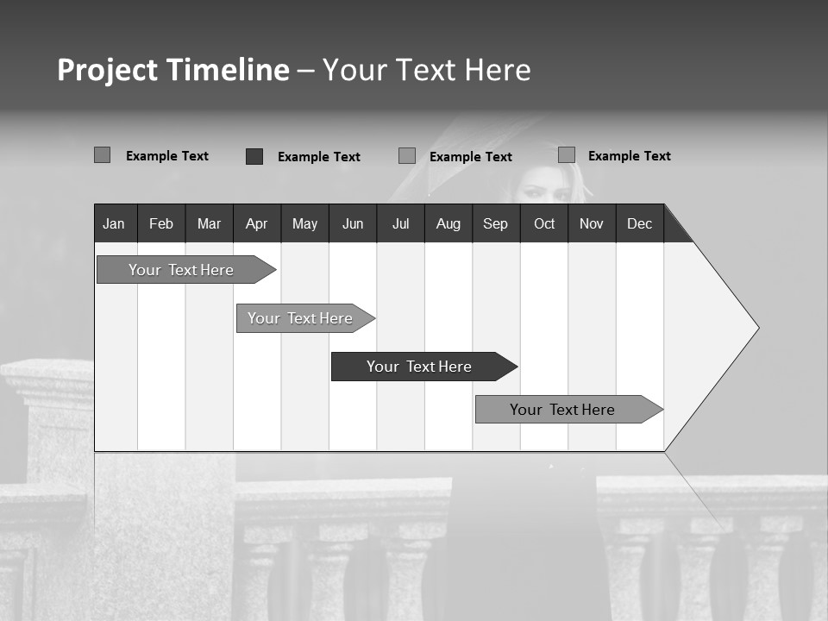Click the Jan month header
tap(114, 223)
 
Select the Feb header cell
tap(161, 223)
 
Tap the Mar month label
tap(209, 223)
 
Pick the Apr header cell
tap(257, 223)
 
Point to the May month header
tap(304, 223)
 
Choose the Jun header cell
tap(353, 223)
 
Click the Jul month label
tap(400, 223)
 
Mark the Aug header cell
tap(448, 223)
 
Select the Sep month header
tap(496, 223)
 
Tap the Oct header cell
tap(544, 223)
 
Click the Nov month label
tap(592, 223)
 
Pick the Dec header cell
tap(640, 223)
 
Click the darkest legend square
tap(254, 156)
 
